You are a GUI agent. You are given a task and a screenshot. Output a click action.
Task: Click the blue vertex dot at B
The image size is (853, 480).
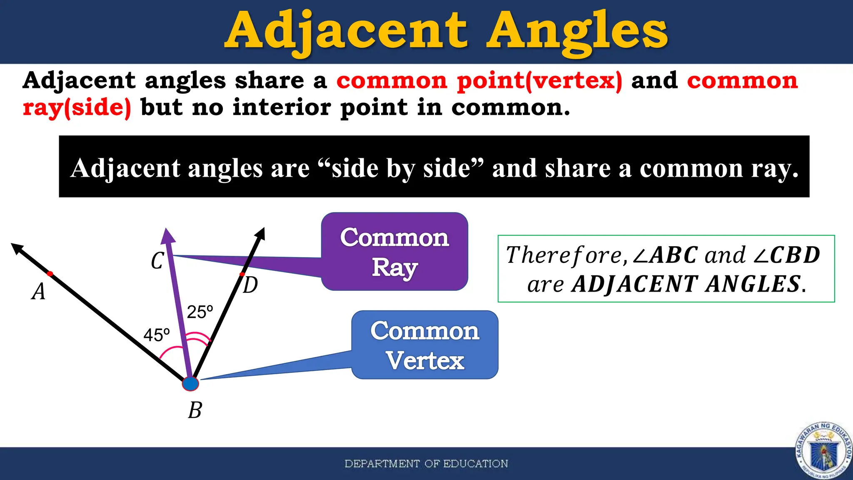point(190,383)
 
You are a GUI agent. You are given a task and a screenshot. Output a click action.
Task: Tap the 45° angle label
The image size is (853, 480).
point(157,335)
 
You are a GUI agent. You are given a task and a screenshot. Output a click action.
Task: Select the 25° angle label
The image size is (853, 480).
point(200,312)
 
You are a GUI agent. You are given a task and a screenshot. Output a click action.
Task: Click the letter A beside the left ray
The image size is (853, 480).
point(38,291)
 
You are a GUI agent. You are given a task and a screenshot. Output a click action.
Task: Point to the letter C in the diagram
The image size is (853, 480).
point(157,261)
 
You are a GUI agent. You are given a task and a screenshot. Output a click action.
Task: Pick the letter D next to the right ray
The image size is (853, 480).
point(250,286)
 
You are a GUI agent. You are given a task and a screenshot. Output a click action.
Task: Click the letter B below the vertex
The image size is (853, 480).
point(195,410)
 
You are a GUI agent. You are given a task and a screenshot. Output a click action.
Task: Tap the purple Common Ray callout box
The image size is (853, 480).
point(394,252)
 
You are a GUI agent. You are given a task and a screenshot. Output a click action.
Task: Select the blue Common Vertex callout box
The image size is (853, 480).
point(425,345)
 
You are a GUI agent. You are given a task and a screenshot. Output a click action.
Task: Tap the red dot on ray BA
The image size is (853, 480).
point(50,274)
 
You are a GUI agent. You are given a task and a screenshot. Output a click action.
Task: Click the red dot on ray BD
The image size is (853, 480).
point(242,274)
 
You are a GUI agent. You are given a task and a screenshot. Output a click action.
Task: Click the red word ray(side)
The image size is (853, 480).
point(77,107)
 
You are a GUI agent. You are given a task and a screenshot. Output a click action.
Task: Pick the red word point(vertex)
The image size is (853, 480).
point(539,80)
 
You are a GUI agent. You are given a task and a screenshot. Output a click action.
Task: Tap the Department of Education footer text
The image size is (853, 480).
point(426,464)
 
